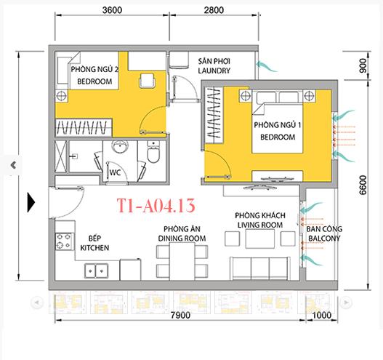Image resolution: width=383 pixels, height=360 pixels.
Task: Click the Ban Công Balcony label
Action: coord(323,234)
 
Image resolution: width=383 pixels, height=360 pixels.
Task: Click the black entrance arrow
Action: coord(31,201)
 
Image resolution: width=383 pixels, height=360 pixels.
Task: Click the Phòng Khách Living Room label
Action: coord(259,221)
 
